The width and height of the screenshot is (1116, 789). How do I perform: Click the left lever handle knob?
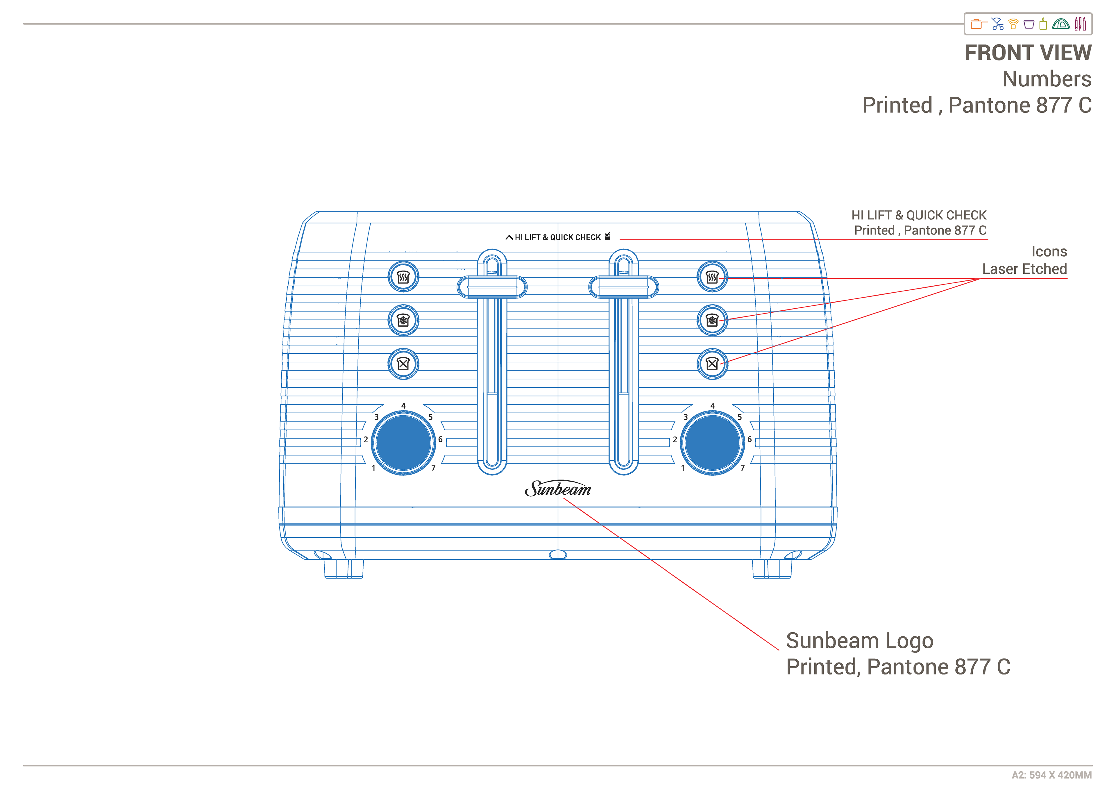(492, 287)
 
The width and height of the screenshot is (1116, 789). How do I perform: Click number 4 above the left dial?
(403, 405)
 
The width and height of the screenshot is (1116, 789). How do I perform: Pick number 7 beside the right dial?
(742, 468)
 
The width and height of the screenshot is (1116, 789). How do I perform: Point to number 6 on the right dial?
(750, 439)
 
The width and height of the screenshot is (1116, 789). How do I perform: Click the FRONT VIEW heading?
(1028, 53)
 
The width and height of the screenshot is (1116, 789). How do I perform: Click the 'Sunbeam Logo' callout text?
(859, 641)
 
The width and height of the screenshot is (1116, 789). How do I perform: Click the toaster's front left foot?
(343, 568)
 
